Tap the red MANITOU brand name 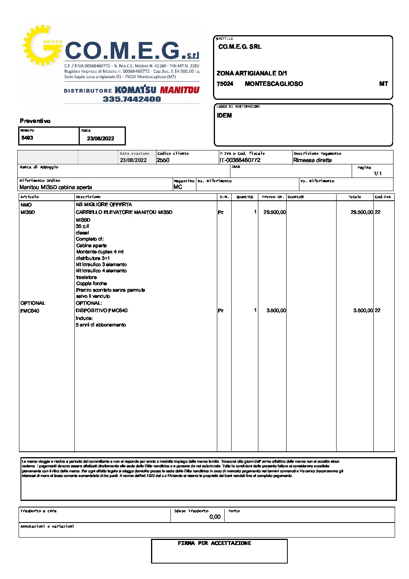(180, 90)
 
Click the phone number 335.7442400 (132, 99)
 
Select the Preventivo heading (35, 121)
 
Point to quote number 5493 (27, 138)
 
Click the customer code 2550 (163, 160)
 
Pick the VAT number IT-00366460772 (240, 160)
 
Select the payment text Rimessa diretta (312, 160)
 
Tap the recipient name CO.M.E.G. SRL (240, 47)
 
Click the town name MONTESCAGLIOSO (274, 84)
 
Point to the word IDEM (224, 116)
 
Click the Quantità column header (245, 197)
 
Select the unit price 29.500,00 (275, 212)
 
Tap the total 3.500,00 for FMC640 (363, 311)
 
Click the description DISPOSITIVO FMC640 (101, 311)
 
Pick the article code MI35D (27, 212)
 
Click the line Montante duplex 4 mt (100, 252)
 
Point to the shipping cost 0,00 (215, 517)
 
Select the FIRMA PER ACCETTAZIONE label (214, 543)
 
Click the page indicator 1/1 (378, 174)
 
